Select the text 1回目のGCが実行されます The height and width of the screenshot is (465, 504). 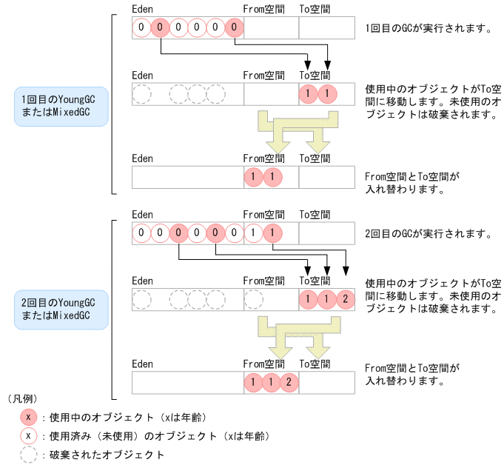pyautogui.click(x=429, y=29)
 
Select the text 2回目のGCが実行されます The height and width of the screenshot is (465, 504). pyautogui.click(x=429, y=233)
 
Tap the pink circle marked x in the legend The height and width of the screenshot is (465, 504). pyautogui.click(x=28, y=417)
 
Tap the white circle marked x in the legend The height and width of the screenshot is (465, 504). pyautogui.click(x=28, y=435)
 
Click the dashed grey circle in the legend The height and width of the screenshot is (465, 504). pyautogui.click(x=28, y=454)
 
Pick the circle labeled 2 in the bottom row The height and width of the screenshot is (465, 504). pyautogui.click(x=290, y=382)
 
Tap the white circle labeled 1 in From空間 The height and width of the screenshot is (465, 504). pyautogui.click(x=253, y=233)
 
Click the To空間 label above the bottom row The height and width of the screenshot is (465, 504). pyautogui.click(x=315, y=364)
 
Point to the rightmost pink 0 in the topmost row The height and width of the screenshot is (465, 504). pyautogui.click(x=234, y=28)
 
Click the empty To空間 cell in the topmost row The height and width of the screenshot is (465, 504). pyautogui.click(x=326, y=28)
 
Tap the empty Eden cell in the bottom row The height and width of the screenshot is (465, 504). pyautogui.click(x=187, y=382)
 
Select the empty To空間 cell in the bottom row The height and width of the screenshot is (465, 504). pyautogui.click(x=326, y=382)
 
